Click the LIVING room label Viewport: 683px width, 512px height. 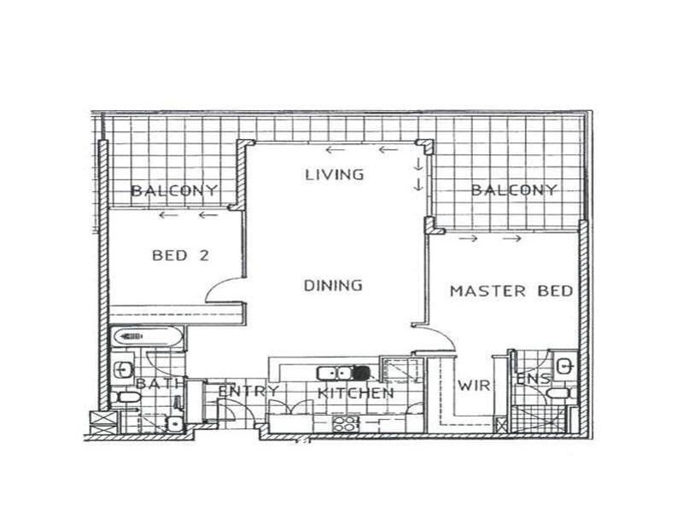[335, 175]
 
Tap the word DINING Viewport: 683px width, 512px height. [334, 285]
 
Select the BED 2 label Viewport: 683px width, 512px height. [181, 254]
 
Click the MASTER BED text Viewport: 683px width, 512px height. [511, 291]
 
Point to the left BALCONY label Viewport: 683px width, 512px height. [174, 190]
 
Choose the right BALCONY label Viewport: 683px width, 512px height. [515, 190]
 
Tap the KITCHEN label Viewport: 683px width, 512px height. [356, 393]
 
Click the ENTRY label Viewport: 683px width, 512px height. [249, 392]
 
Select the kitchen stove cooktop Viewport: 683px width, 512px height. [345, 422]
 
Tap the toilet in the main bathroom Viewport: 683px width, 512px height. [127, 398]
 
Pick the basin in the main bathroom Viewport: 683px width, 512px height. [123, 369]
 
